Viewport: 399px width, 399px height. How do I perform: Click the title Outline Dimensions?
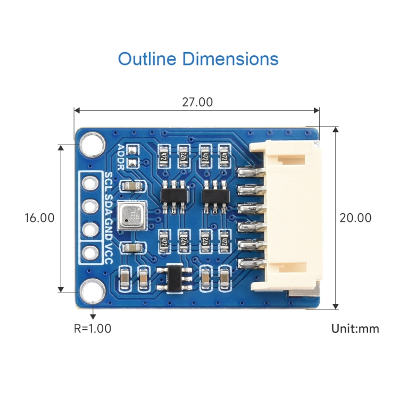pyautogui.click(x=198, y=59)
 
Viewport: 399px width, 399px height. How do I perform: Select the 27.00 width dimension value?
pyautogui.click(x=197, y=102)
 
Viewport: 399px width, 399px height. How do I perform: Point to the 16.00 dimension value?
pyautogui.click(x=40, y=218)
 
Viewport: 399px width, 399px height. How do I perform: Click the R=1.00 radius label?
pyautogui.click(x=93, y=328)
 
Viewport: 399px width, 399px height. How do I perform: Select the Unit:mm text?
pyautogui.click(x=355, y=328)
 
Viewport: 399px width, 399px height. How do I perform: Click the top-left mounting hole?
pyautogui.click(x=92, y=143)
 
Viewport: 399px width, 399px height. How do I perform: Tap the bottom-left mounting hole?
pyautogui.click(x=92, y=291)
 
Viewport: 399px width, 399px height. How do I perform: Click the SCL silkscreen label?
pyautogui.click(x=109, y=182)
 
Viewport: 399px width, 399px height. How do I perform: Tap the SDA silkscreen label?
pyautogui.click(x=109, y=205)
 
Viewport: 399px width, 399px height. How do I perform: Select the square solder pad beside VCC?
pyautogui.click(x=91, y=252)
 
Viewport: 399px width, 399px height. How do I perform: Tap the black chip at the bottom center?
pyautogui.click(x=176, y=277)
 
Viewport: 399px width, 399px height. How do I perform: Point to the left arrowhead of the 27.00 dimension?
pyautogui.click(x=77, y=111)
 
